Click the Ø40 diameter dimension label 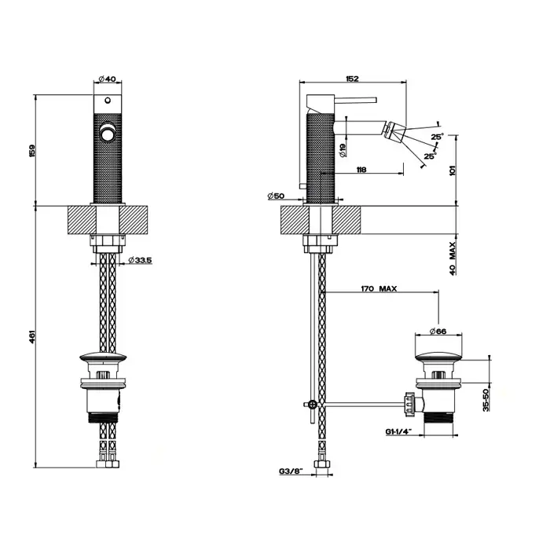(108, 79)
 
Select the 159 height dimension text (32, 151)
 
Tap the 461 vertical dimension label (32, 336)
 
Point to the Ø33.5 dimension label (140, 260)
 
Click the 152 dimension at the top (352, 79)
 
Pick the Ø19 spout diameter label (343, 150)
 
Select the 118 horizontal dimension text (361, 170)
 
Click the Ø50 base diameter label (276, 196)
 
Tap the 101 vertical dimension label (453, 170)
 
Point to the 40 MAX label (453, 258)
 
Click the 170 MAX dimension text (379, 288)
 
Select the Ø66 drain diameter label (438, 331)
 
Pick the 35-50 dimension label (486, 400)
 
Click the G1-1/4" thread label (398, 432)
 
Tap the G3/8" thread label (291, 471)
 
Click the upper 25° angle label (437, 137)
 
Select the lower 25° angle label (431, 156)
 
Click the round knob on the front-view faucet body (108, 134)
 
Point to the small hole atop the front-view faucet (108, 101)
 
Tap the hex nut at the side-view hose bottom (321, 464)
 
